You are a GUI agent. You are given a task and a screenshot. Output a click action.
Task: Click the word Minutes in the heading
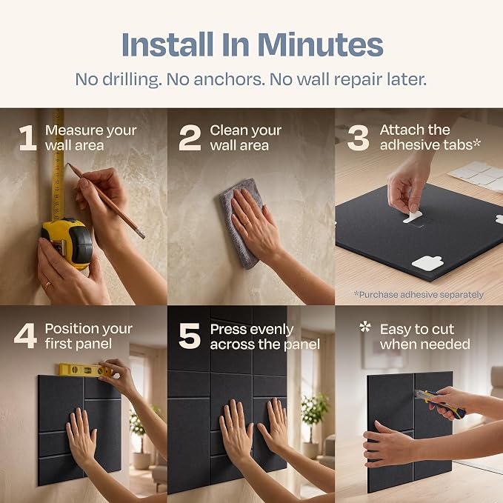(x=320, y=44)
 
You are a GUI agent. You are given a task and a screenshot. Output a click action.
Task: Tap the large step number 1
(x=28, y=138)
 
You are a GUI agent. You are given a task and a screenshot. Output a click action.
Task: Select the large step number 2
(x=190, y=138)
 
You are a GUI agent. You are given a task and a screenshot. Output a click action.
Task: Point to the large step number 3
(x=358, y=138)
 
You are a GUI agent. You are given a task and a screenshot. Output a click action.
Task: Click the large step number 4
(x=25, y=336)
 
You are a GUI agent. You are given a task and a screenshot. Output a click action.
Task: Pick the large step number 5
(x=190, y=336)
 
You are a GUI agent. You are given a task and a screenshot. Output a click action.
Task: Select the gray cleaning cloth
(x=241, y=223)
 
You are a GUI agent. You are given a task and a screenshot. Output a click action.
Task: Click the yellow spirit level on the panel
(x=86, y=370)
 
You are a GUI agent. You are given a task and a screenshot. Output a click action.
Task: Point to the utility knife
(x=440, y=404)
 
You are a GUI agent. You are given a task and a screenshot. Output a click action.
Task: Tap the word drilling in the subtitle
(x=132, y=79)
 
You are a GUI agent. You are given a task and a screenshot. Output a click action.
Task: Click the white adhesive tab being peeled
(x=412, y=217)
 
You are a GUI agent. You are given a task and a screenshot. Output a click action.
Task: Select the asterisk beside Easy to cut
(x=365, y=327)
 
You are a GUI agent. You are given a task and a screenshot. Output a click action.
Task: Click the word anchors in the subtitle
(x=229, y=79)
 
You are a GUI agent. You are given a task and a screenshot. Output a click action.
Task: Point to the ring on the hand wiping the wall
(x=247, y=223)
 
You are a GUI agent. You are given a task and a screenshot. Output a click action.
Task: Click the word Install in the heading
(x=167, y=44)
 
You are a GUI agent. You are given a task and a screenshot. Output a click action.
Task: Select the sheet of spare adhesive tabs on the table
(x=478, y=176)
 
